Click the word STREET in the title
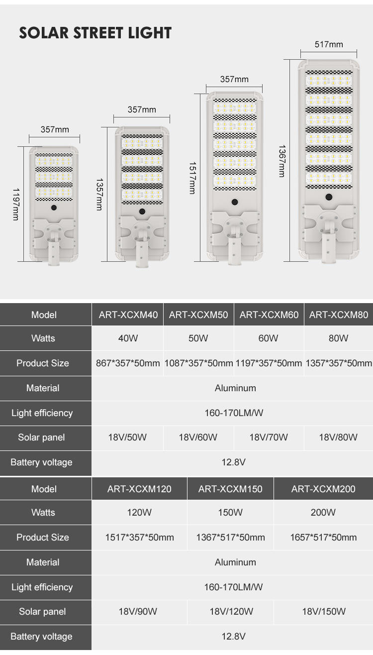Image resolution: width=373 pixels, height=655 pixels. click(x=98, y=33)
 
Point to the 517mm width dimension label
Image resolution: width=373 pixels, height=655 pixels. click(x=329, y=44)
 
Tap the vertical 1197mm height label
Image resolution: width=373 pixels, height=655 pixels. click(x=16, y=204)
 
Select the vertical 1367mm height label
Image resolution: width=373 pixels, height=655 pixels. click(x=282, y=161)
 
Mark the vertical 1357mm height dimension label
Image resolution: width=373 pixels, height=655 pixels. click(x=99, y=194)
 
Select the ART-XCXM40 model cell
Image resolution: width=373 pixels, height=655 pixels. click(x=128, y=315)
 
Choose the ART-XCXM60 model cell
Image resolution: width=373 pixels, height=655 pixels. click(x=269, y=315)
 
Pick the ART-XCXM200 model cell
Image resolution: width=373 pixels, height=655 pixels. click(x=323, y=489)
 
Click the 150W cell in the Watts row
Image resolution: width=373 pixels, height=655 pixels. click(x=230, y=512)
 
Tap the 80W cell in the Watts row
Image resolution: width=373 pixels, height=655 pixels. click(x=338, y=338)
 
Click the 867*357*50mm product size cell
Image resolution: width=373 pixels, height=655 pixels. click(x=128, y=363)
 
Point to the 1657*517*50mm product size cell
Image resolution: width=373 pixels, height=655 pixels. click(x=323, y=537)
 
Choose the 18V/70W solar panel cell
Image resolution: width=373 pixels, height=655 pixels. click(x=269, y=437)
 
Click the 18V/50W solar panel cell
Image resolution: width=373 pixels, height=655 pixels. click(x=127, y=437)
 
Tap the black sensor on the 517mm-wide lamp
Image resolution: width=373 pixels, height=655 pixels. click(x=328, y=197)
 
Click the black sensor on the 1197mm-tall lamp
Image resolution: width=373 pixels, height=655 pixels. click(x=54, y=207)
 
